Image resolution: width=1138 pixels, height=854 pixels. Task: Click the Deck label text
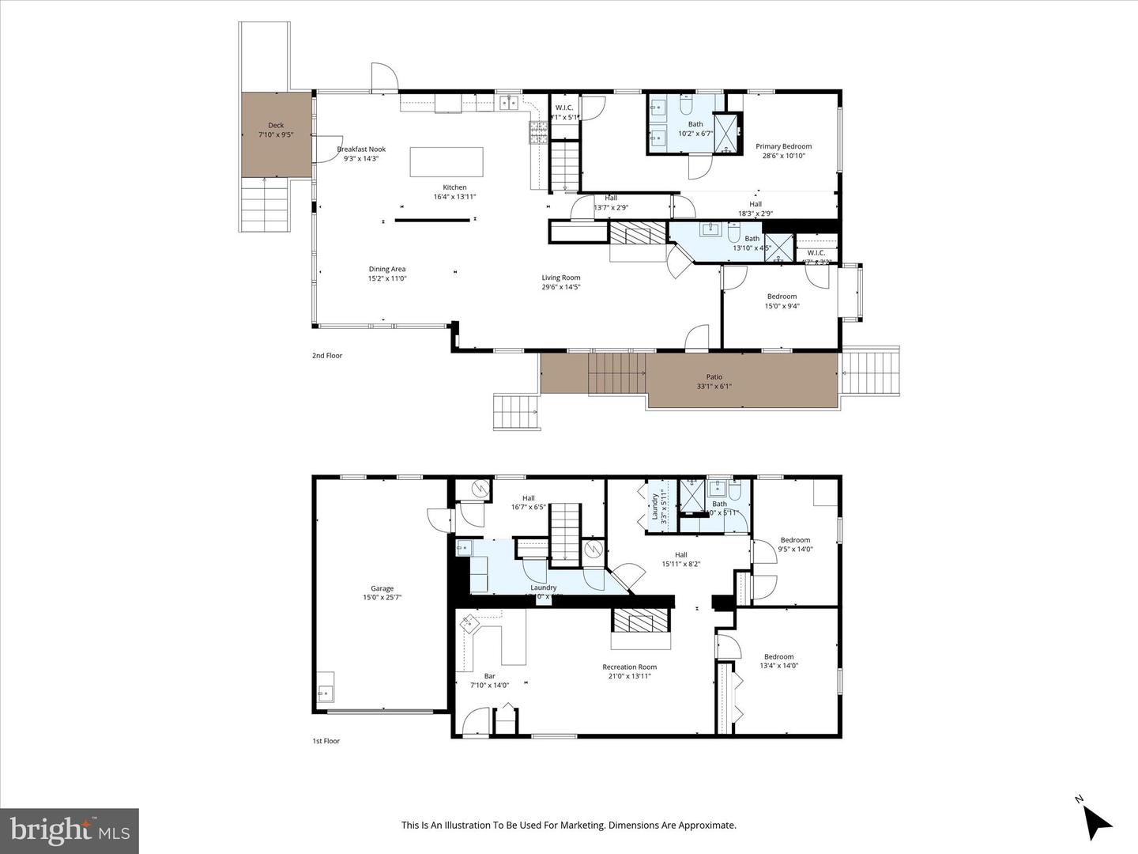(x=276, y=125)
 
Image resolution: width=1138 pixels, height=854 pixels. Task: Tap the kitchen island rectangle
(x=446, y=162)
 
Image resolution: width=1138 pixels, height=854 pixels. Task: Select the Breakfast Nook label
(x=361, y=149)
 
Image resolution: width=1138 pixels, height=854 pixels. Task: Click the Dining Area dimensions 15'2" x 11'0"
(x=387, y=278)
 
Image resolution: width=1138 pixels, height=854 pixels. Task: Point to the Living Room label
(x=561, y=278)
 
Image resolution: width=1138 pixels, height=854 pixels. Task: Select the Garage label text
(x=382, y=588)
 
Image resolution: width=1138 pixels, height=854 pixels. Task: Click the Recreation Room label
(x=629, y=667)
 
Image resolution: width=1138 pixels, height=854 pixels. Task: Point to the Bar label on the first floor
(x=489, y=676)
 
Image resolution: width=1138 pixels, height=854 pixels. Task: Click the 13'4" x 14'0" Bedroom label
(x=778, y=656)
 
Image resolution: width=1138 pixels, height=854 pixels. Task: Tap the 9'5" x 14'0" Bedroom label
(x=795, y=540)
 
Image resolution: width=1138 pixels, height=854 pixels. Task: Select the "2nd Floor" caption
(x=327, y=356)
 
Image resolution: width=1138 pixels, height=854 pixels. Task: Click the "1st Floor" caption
(x=326, y=741)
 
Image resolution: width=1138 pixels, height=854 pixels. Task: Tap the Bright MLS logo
(x=70, y=830)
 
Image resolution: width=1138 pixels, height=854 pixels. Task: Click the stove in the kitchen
(x=538, y=132)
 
